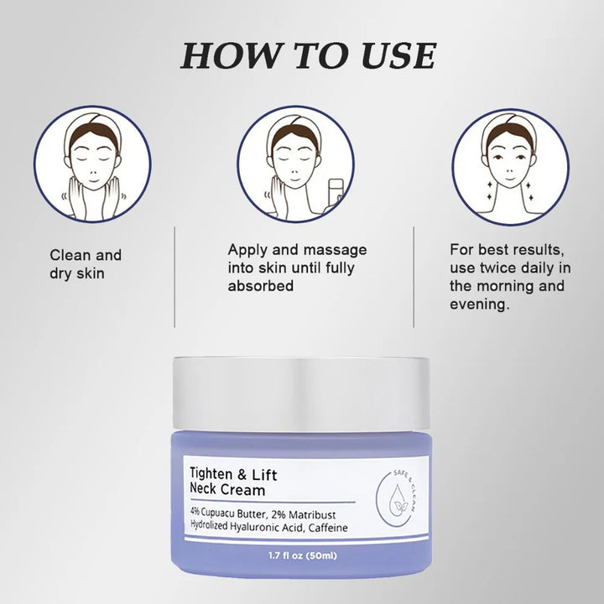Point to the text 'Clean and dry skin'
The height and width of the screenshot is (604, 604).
pyautogui.click(x=85, y=263)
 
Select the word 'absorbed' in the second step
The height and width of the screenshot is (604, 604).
pyautogui.click(x=260, y=286)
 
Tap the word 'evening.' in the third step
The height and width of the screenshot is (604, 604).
pyautogui.click(x=479, y=305)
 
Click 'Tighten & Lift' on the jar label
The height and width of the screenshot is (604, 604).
pyautogui.click(x=234, y=474)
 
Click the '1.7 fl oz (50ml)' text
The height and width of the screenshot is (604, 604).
pyautogui.click(x=303, y=556)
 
